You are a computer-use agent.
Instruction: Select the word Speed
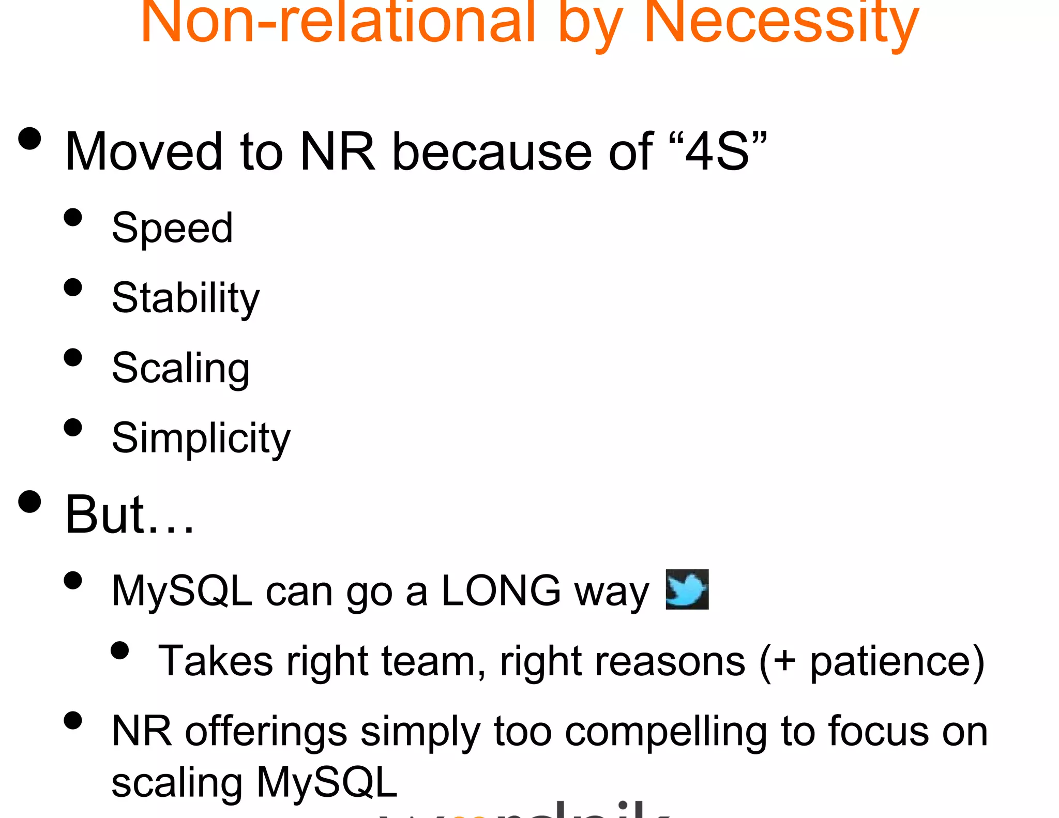tap(172, 228)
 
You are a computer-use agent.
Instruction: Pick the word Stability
tap(186, 298)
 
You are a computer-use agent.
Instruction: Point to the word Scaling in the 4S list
tap(181, 369)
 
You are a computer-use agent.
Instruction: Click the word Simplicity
tap(201, 438)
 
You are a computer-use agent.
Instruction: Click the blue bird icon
tap(687, 590)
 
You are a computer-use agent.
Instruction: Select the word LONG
tap(501, 591)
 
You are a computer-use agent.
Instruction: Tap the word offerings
tap(266, 733)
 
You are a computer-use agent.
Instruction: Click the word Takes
tap(215, 661)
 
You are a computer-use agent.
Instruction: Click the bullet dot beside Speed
tap(73, 217)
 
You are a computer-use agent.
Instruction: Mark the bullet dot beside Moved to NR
tap(29, 139)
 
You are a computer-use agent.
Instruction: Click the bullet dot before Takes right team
tap(119, 650)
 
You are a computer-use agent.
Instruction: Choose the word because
tap(492, 152)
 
